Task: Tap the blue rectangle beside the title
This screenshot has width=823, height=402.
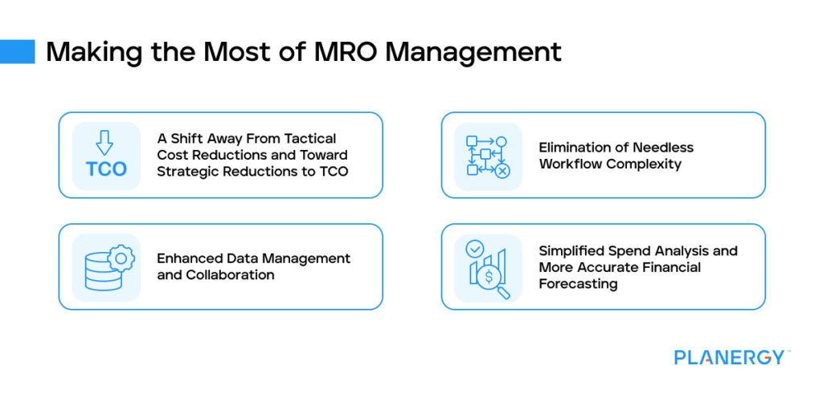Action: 18,51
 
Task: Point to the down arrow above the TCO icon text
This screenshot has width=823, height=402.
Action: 105,143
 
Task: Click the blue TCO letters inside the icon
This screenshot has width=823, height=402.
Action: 106,169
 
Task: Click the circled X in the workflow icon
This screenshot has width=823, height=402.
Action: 502,170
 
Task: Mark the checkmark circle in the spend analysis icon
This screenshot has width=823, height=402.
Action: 474,250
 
